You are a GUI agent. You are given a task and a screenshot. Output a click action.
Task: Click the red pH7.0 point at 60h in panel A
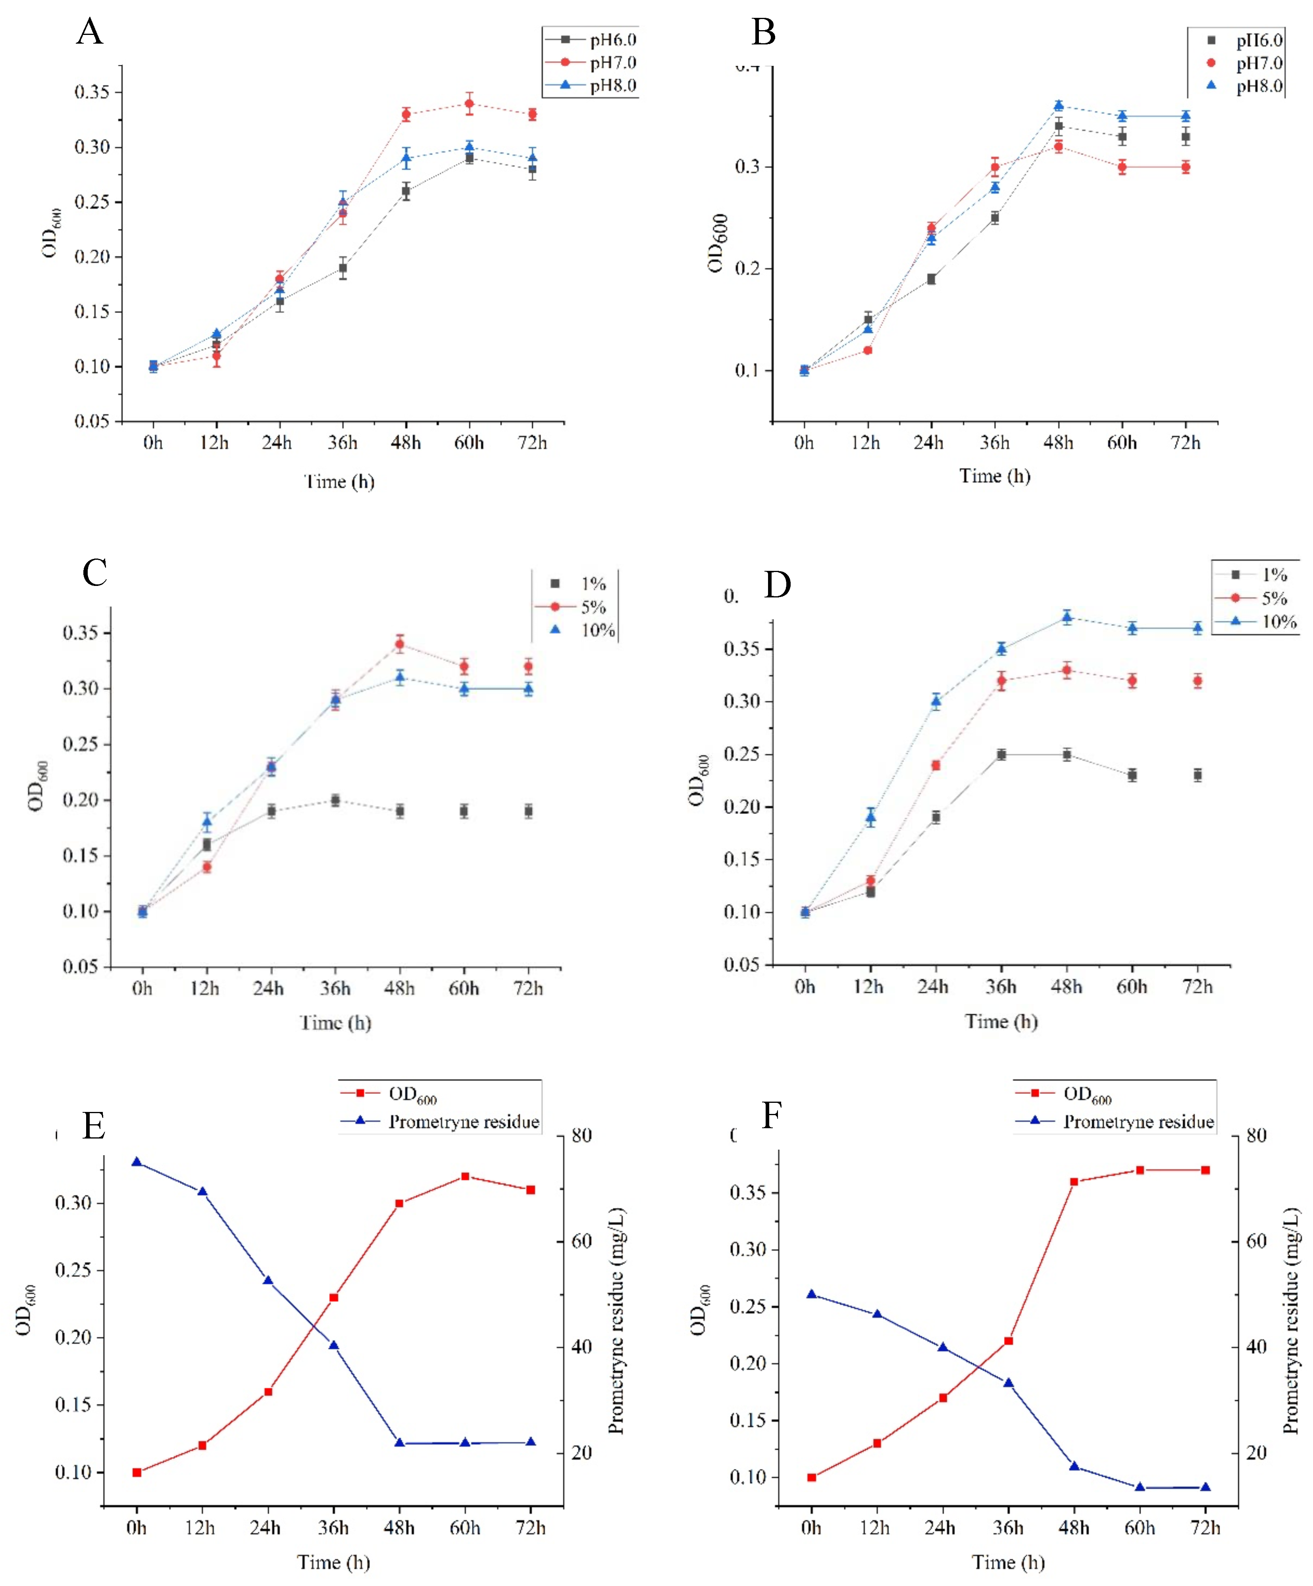[x=469, y=104]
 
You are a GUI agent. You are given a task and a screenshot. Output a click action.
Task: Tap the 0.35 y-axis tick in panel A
[x=92, y=92]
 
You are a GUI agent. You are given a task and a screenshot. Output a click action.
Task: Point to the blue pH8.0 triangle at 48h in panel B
[x=1059, y=106]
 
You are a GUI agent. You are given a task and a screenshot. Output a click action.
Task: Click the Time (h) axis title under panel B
[x=994, y=476]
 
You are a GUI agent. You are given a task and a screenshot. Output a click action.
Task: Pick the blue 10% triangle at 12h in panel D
[x=870, y=816]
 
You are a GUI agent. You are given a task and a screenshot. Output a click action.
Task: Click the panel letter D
[x=778, y=585]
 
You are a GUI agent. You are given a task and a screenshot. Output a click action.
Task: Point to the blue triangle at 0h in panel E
[x=137, y=1162]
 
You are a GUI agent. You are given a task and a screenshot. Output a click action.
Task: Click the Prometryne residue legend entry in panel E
[x=463, y=1121]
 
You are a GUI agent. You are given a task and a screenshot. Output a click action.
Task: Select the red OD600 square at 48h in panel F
[x=1074, y=1181]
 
